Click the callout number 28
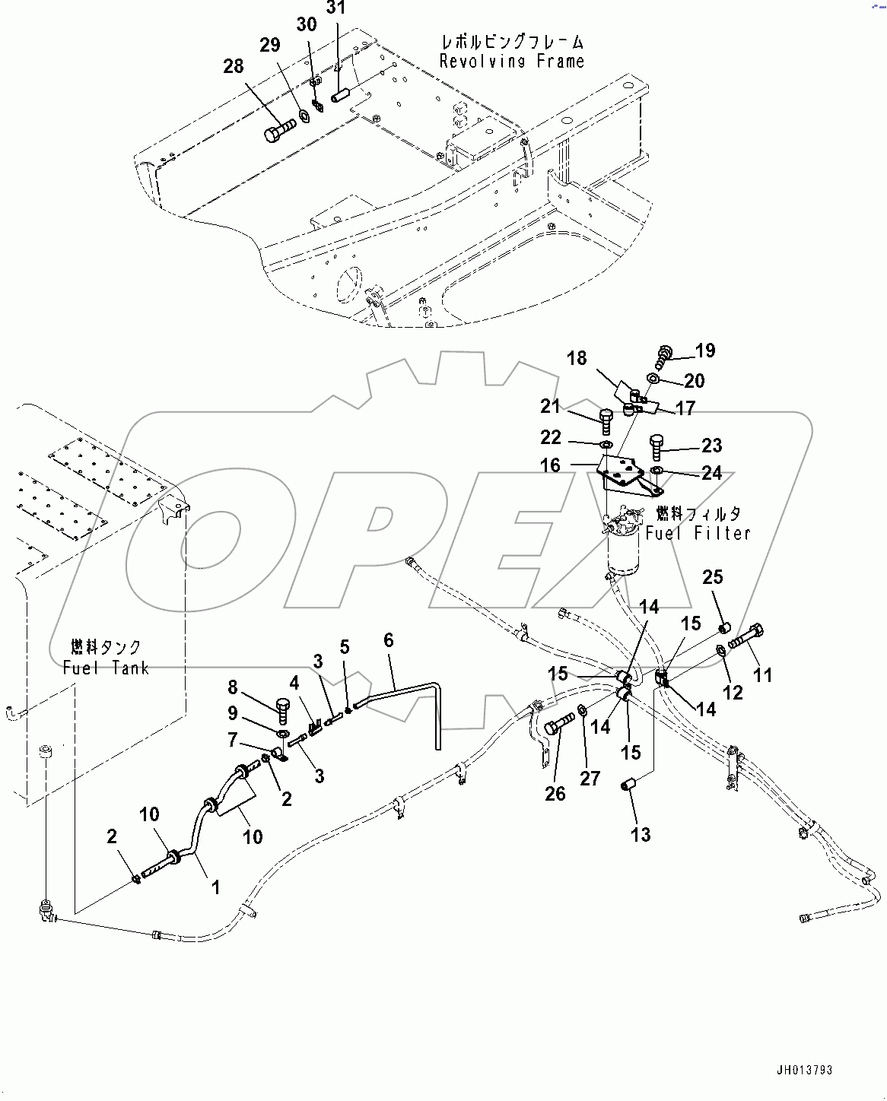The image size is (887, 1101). coord(234,66)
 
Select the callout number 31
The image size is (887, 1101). coord(335,8)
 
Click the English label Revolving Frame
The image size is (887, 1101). coord(512,62)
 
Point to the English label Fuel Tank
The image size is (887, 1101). coord(106,668)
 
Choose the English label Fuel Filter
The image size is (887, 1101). coord(698,534)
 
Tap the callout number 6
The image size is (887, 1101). coord(389,640)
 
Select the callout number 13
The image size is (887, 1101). coord(641,835)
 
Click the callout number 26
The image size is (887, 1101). coord(555,794)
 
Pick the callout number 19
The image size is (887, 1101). coord(705,351)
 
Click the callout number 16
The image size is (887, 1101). coord(550,465)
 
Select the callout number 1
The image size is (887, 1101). coord(215,887)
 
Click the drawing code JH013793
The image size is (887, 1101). coord(804,1071)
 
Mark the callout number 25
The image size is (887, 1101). coord(713,577)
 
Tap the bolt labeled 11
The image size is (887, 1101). coord(746,636)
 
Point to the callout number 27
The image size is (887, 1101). coord(590,778)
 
